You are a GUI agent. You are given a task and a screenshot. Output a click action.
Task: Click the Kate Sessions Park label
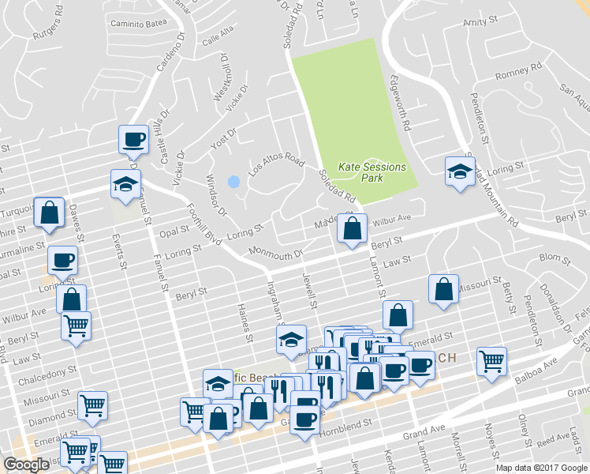point(372,172)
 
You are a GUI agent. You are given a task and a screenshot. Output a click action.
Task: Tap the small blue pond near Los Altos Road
point(233,182)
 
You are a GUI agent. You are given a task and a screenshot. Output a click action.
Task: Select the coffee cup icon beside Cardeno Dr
point(133,140)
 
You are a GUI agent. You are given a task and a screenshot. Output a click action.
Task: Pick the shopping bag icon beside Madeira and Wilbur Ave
point(353,229)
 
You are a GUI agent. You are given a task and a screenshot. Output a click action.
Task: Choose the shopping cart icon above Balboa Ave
point(492,361)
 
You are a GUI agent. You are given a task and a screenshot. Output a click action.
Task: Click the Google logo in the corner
point(26,465)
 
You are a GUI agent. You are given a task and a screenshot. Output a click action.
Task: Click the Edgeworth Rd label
point(399,103)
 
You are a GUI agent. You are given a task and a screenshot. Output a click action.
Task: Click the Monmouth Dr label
point(276,255)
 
